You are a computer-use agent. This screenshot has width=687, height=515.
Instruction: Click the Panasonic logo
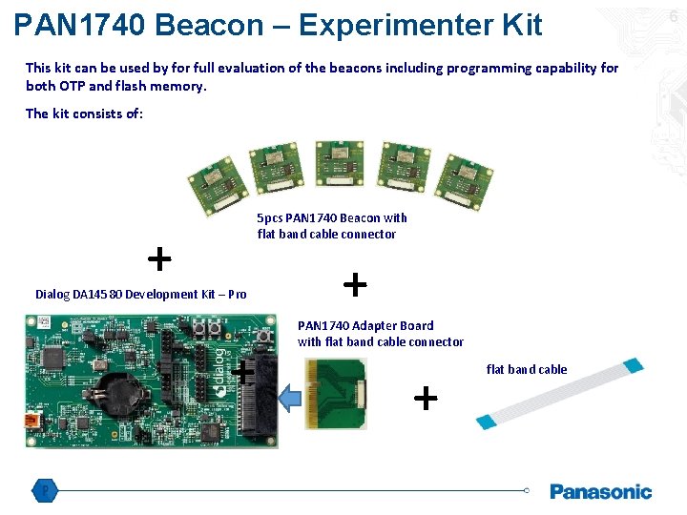pyautogui.click(x=600, y=491)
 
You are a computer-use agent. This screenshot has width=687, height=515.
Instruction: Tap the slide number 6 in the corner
pyautogui.click(x=673, y=16)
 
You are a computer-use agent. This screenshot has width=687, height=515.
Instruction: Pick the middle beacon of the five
pyautogui.click(x=339, y=165)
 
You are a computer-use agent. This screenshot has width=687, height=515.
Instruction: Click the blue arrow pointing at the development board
pyautogui.click(x=289, y=390)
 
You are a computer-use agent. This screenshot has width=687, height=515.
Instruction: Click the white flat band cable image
pyautogui.click(x=559, y=393)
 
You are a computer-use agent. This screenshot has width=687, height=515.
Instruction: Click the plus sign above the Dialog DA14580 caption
pyautogui.click(x=159, y=257)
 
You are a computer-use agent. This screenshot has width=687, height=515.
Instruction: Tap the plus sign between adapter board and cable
pyautogui.click(x=425, y=396)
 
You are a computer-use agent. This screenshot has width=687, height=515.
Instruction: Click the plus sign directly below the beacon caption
pyautogui.click(x=354, y=283)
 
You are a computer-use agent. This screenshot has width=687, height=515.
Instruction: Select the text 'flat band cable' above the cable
pyautogui.click(x=527, y=370)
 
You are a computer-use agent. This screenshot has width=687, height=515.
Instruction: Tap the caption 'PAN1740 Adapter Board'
pyautogui.click(x=365, y=325)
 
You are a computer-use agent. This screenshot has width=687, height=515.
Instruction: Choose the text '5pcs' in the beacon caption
pyautogui.click(x=270, y=218)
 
